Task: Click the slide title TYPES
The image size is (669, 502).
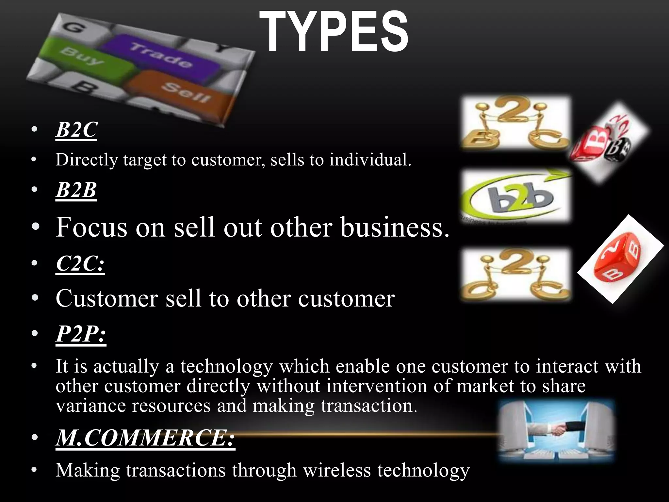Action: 334,32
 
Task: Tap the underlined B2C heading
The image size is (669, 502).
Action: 76,130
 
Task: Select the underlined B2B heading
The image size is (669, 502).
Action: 76,190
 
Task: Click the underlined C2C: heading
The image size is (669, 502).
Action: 80,263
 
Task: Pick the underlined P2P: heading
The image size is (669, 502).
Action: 81,334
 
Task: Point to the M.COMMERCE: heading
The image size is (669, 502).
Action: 145,438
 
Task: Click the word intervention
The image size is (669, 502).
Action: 377,386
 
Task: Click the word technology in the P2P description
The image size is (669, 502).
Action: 226,366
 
